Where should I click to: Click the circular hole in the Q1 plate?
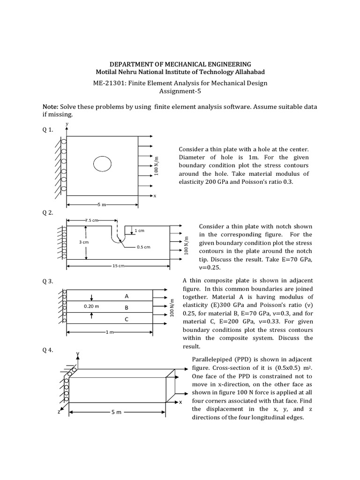click(102, 164)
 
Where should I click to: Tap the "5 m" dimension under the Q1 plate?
click(102, 205)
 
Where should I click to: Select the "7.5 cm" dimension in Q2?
click(91, 219)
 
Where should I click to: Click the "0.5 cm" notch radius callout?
click(143, 247)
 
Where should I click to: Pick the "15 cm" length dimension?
click(118, 266)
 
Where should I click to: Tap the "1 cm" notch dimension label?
click(139, 230)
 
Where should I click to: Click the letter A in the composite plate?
click(127, 296)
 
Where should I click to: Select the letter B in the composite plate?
click(127, 308)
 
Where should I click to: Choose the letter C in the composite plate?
click(127, 320)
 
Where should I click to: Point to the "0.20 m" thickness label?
click(91, 306)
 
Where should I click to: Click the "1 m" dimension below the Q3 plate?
click(110, 332)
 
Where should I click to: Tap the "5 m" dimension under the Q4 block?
click(116, 412)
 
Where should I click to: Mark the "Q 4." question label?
click(48, 350)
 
